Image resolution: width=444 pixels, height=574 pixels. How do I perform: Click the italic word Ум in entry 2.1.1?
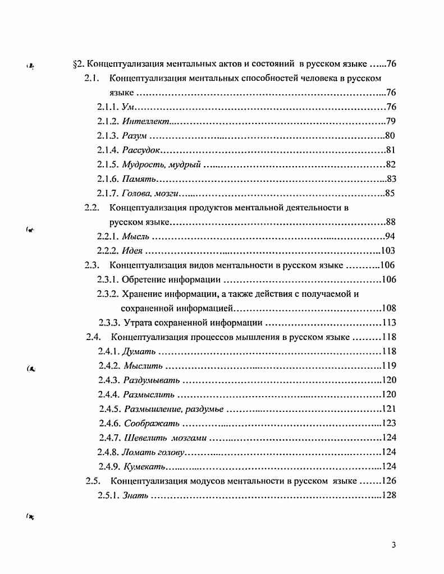(x=127, y=107)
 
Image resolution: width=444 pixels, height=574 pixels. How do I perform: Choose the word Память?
(x=138, y=179)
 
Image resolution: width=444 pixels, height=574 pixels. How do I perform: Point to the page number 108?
(x=388, y=308)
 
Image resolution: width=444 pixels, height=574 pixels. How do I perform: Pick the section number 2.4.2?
(x=109, y=366)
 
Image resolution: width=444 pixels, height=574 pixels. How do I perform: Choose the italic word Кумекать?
(x=143, y=466)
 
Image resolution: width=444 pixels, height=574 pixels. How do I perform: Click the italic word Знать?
(x=135, y=495)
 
